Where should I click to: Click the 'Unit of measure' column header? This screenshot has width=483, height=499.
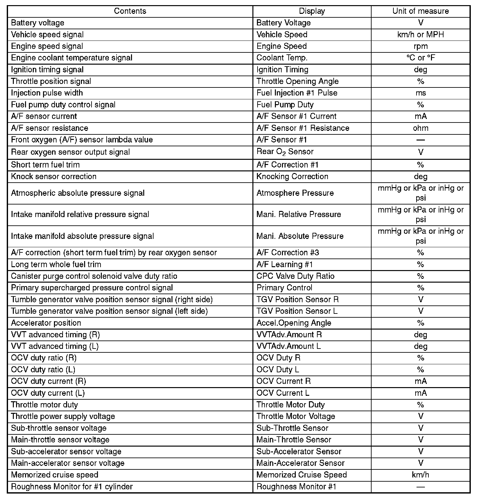(x=420, y=11)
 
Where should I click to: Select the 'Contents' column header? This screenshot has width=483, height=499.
(x=130, y=11)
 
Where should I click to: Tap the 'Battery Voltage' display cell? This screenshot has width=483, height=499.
(x=284, y=23)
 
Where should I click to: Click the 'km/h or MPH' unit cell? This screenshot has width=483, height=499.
(x=420, y=34)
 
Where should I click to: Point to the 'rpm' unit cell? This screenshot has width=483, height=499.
(x=420, y=46)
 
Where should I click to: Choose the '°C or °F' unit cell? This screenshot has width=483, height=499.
(x=420, y=58)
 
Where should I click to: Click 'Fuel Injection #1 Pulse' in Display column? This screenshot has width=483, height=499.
(x=297, y=93)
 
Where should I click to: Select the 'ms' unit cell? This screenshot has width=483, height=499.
(x=420, y=93)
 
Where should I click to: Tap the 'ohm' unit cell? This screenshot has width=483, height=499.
(x=420, y=128)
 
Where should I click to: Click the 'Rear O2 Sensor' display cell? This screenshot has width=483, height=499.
(x=285, y=152)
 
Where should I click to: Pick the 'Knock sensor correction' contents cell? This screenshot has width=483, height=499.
(x=54, y=177)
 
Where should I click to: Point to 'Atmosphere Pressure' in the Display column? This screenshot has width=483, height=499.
(x=295, y=193)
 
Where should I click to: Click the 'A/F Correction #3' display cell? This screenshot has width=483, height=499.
(x=288, y=253)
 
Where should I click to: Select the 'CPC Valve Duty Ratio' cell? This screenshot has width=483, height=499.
(x=295, y=276)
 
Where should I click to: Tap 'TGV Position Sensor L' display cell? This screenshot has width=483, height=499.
(x=297, y=311)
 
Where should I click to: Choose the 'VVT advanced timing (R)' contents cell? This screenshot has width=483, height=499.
(x=55, y=335)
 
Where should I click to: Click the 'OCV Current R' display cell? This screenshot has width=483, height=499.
(x=284, y=381)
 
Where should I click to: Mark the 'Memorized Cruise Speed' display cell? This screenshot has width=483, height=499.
(x=302, y=475)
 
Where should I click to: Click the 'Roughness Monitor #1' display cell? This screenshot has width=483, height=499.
(x=296, y=487)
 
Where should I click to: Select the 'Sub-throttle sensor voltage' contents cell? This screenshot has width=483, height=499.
(x=58, y=428)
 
